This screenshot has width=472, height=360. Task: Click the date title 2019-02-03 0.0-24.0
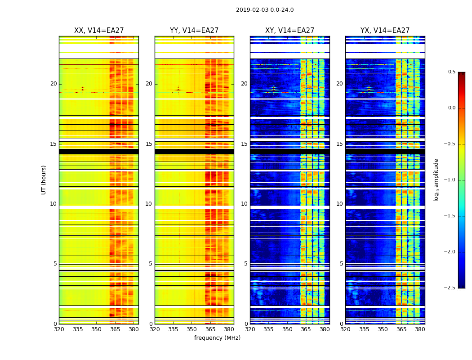point(265,10)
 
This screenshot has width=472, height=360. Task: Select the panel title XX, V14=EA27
point(99,31)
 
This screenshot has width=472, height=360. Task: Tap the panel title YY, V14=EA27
point(194,31)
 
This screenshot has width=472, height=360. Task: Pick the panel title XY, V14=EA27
point(289,31)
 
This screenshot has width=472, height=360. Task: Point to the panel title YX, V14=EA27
point(385,31)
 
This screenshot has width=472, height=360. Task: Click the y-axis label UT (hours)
point(44,180)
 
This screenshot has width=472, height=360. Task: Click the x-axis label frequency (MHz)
point(217,338)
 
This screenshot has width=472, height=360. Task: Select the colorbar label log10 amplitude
point(436,180)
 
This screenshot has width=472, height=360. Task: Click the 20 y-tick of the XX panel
point(53,84)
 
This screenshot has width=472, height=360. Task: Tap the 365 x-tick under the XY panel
point(306,329)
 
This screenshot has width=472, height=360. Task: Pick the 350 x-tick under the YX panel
point(383,329)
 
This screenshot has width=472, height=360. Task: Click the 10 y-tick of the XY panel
point(245,204)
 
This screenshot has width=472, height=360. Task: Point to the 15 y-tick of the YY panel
point(149,144)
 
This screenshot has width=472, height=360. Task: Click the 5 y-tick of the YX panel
point(342,264)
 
